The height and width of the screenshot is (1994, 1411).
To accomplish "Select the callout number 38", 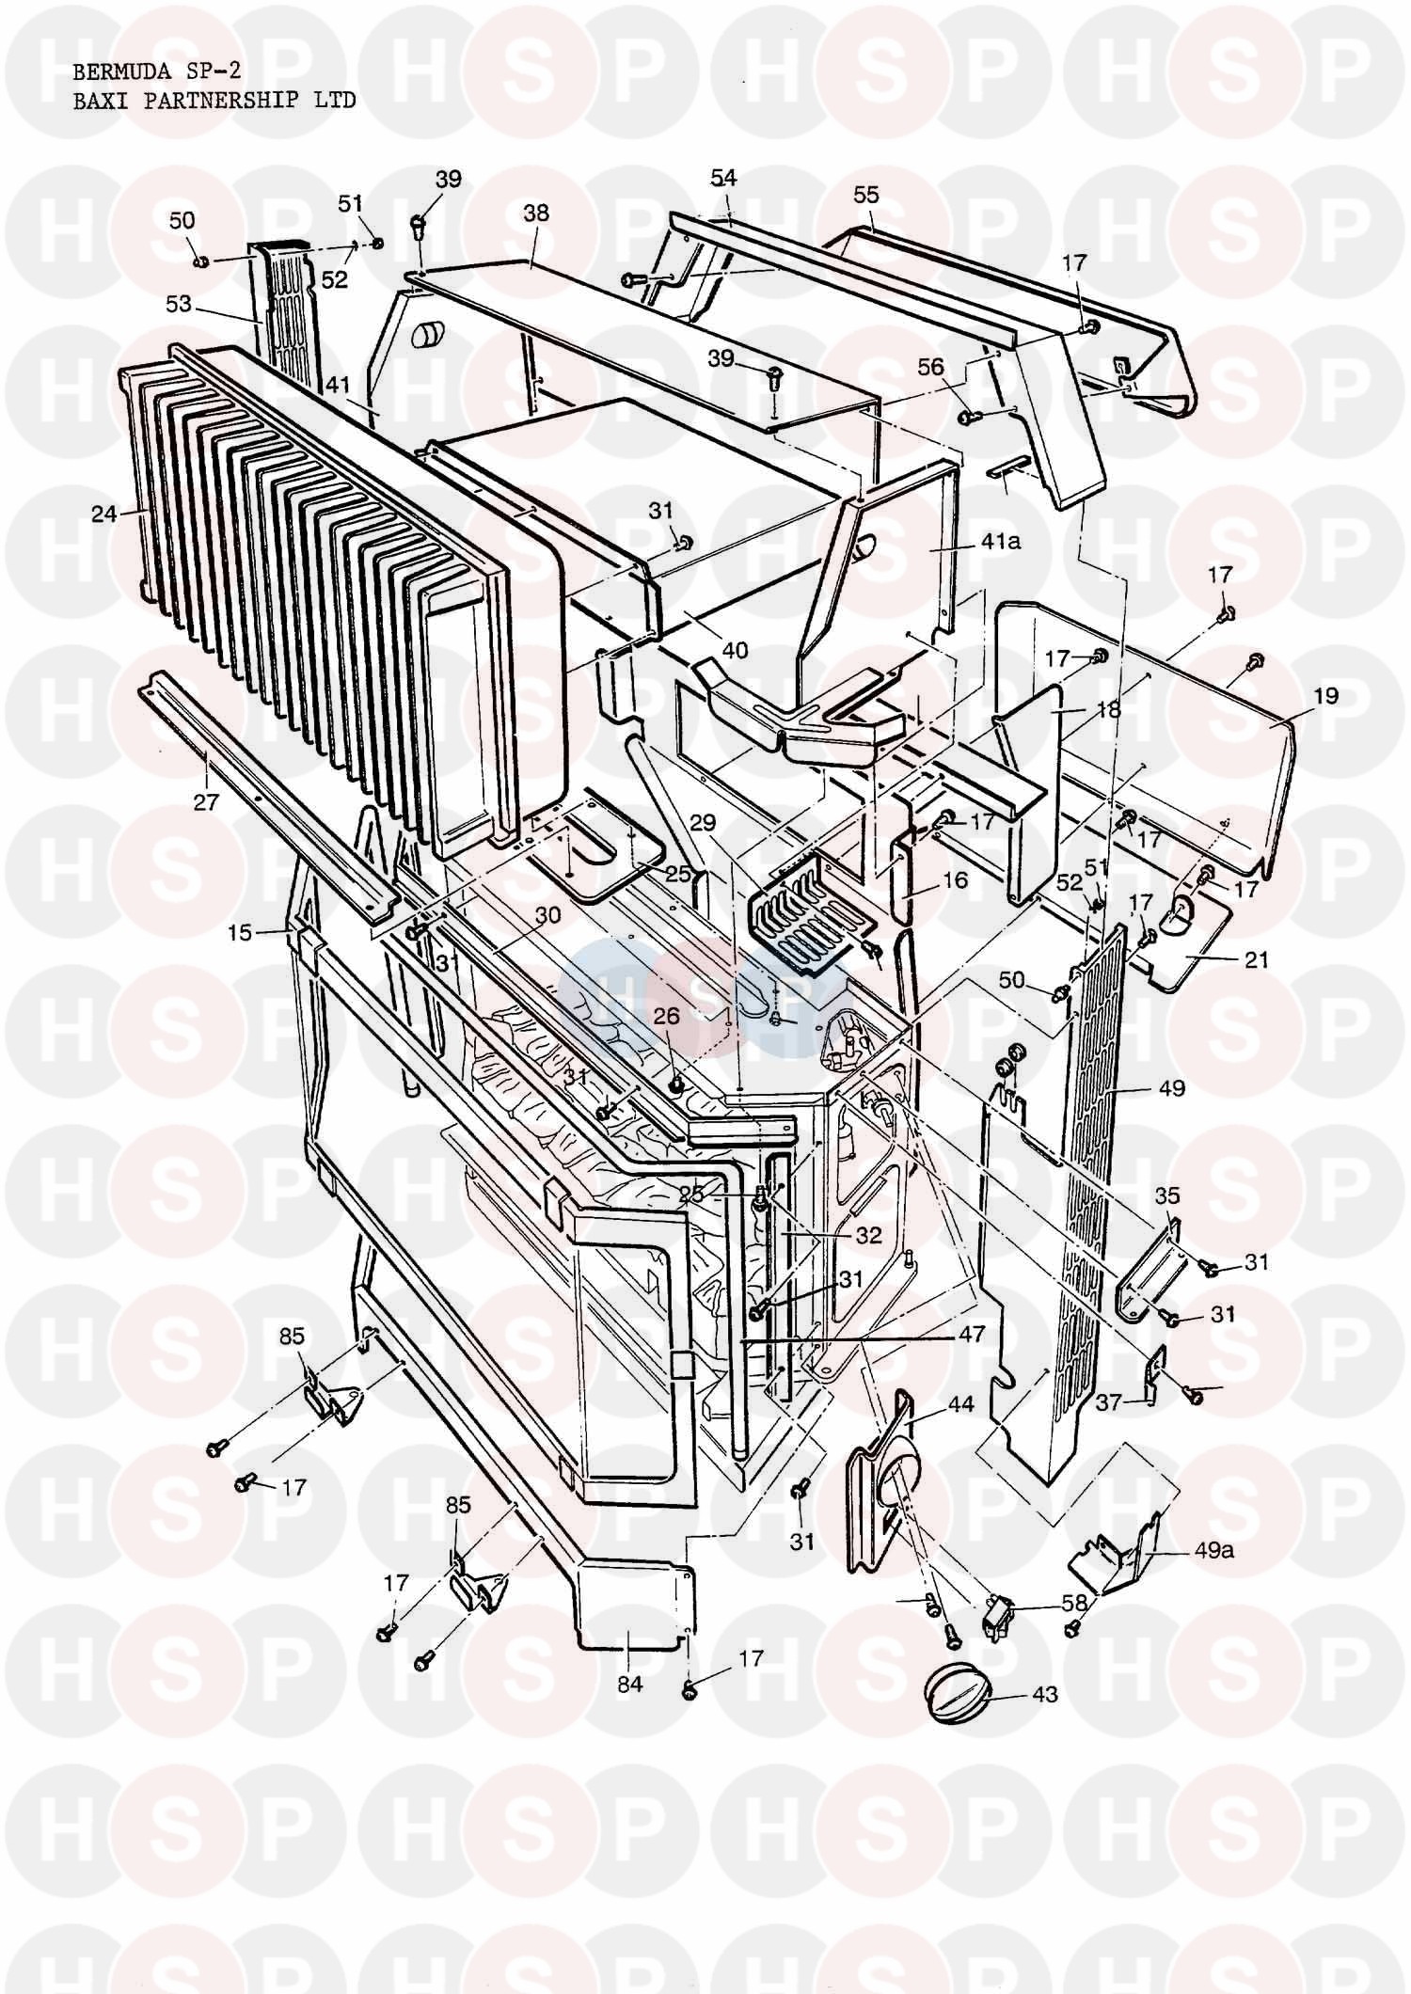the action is (536, 213).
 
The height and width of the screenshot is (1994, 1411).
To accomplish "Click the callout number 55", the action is (866, 195).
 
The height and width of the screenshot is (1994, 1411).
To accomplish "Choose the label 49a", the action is (1213, 1550).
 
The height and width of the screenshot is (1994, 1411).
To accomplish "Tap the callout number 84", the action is (629, 1685).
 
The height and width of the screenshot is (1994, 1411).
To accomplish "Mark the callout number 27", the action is (206, 802).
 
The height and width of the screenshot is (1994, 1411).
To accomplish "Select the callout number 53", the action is (179, 304).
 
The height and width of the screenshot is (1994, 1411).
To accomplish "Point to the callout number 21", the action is (1256, 959).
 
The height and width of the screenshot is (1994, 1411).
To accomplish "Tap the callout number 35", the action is (1166, 1197).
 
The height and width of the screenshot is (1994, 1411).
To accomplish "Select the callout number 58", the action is (1074, 1602).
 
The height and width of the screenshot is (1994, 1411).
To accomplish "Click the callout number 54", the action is (723, 178).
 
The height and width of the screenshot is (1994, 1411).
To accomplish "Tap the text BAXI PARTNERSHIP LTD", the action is (214, 101).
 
